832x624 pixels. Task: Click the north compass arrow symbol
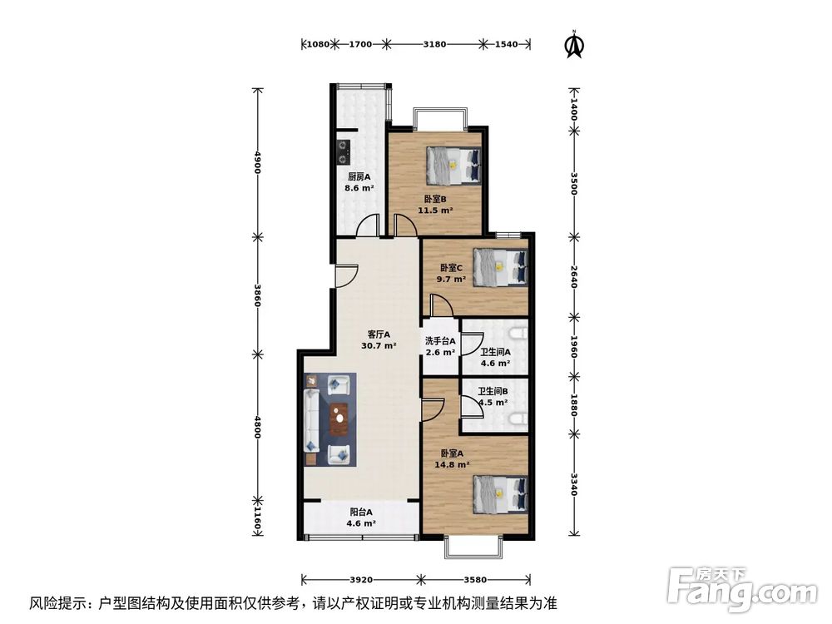point(573,46)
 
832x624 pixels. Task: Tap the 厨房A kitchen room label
point(359,176)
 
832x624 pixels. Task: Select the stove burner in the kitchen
point(343,152)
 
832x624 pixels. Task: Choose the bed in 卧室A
point(500,492)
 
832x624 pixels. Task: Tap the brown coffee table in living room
point(338,418)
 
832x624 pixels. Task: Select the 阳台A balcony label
point(359,513)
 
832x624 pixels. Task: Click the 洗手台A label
point(440,341)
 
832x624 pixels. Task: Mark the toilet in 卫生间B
point(519,418)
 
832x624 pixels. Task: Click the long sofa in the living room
point(312,418)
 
